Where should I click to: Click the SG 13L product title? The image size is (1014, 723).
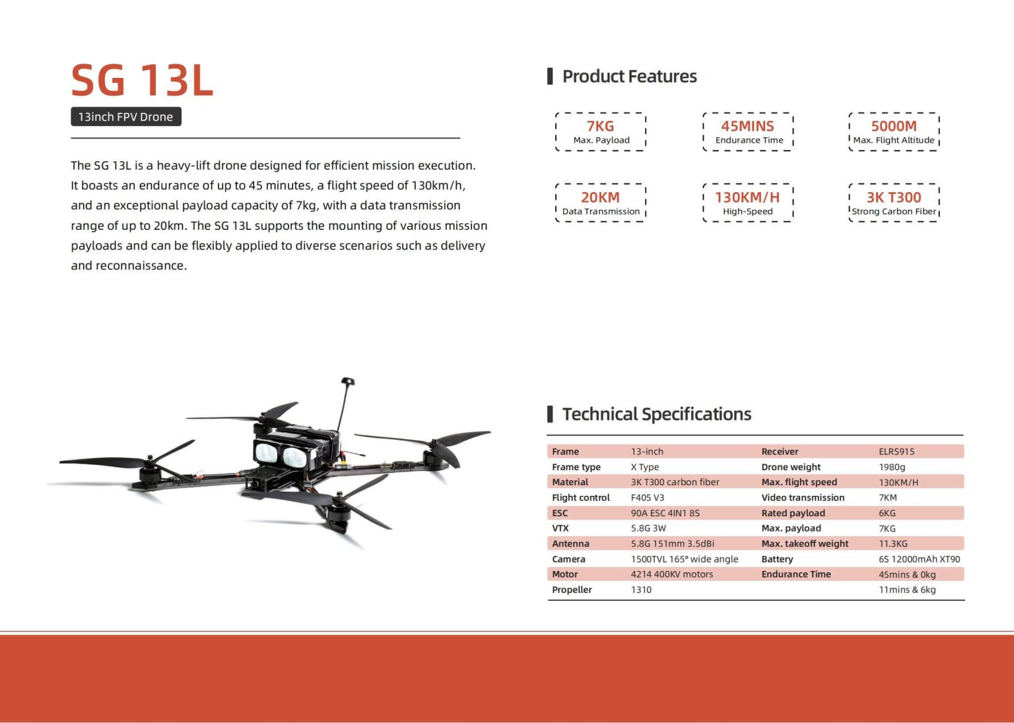(x=142, y=81)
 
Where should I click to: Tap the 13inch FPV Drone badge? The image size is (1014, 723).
(x=125, y=117)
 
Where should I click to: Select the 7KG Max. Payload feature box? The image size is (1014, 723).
(x=601, y=132)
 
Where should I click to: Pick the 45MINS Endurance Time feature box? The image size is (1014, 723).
(x=748, y=132)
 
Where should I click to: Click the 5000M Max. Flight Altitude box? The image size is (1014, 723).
(x=894, y=132)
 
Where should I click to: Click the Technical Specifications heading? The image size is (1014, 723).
(x=656, y=414)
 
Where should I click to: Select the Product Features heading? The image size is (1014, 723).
(x=629, y=77)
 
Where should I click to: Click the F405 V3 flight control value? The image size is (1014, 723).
(x=648, y=498)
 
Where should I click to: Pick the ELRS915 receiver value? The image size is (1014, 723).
(x=896, y=452)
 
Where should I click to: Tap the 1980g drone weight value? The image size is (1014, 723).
(x=892, y=467)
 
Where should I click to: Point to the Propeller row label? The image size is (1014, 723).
(x=572, y=590)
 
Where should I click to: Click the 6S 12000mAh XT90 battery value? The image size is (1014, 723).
(x=919, y=559)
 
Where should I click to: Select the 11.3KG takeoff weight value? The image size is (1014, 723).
(x=893, y=543)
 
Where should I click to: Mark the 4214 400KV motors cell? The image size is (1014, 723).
(x=672, y=574)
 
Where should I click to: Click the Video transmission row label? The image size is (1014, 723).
(x=803, y=498)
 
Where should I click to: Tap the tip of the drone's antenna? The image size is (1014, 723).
(x=348, y=382)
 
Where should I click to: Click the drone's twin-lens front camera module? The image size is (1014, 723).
(x=281, y=453)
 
